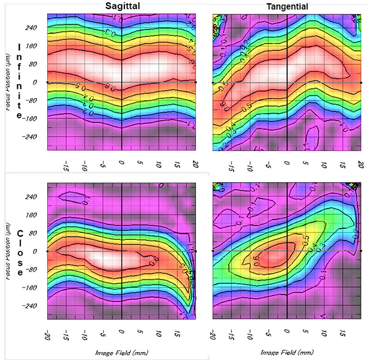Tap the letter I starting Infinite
pyautogui.click(x=21, y=47)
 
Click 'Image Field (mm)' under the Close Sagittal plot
pyautogui.click(x=122, y=353)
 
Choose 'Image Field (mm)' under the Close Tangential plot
pyautogui.click(x=286, y=353)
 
